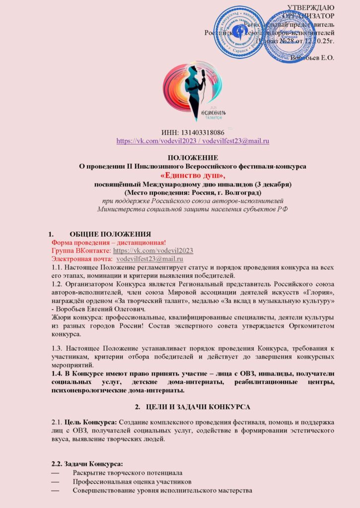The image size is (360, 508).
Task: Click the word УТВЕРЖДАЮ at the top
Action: point(311,7)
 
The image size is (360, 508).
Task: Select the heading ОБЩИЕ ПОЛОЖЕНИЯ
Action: point(110,234)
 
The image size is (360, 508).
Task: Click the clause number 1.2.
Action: point(58,284)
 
